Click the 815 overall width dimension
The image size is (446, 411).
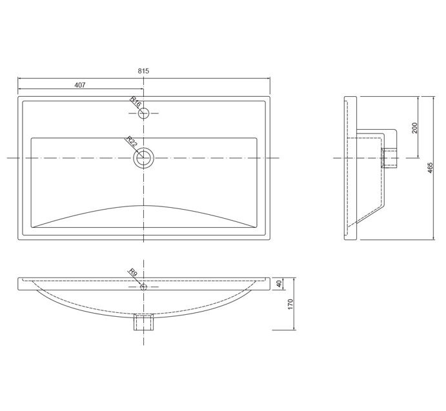pos(143,71)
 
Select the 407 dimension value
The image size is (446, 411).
pos(80,85)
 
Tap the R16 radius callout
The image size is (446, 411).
pos(136,103)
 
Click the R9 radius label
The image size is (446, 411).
pos(133,274)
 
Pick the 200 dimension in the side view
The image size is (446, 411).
pos(415,128)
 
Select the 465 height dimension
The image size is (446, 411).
pos(430,168)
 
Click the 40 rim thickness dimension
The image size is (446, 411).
pos(279,284)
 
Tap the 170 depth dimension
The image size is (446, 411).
pos(290,305)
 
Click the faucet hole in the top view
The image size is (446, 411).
pos(143,113)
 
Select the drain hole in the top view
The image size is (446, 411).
pos(143,157)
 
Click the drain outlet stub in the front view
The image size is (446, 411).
pos(143,322)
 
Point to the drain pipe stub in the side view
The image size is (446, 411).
pos(390,158)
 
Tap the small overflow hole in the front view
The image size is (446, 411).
pos(143,286)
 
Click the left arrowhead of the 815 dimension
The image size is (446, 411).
pos(20,78)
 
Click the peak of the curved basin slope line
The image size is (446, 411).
pos(143,206)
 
